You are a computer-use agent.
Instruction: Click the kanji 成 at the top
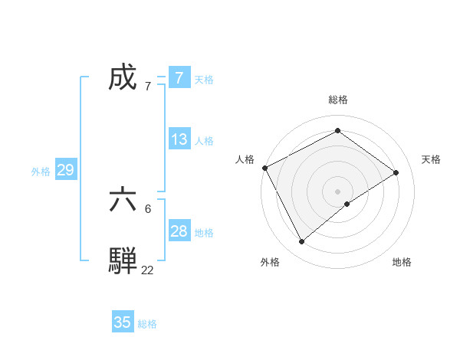coord(123,77)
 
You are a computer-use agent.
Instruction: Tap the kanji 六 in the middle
coord(123,200)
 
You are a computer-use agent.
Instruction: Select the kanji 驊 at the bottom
coord(123,261)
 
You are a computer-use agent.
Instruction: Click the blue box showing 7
coord(179,78)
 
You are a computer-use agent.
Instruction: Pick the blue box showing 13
coord(179,139)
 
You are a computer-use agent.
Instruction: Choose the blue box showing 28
coord(179,231)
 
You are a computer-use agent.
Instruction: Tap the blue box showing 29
coord(65,170)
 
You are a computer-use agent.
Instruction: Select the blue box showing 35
coord(123,322)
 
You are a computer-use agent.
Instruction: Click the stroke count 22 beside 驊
coord(147,270)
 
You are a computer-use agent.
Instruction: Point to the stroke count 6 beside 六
coord(148,208)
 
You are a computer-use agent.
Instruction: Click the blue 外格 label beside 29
coord(41,172)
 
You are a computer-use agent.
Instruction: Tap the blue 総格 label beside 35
coord(147,324)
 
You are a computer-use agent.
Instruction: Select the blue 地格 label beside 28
coord(204,233)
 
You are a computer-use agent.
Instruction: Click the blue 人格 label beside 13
coord(204,141)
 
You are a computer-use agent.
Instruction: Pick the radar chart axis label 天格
coord(431,159)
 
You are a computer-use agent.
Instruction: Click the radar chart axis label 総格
coord(337,100)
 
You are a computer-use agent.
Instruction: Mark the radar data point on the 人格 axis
coord(264,168)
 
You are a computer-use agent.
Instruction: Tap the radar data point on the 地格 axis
coord(347,204)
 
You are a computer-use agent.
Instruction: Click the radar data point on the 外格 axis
coord(301,242)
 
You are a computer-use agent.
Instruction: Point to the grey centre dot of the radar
coord(337,191)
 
